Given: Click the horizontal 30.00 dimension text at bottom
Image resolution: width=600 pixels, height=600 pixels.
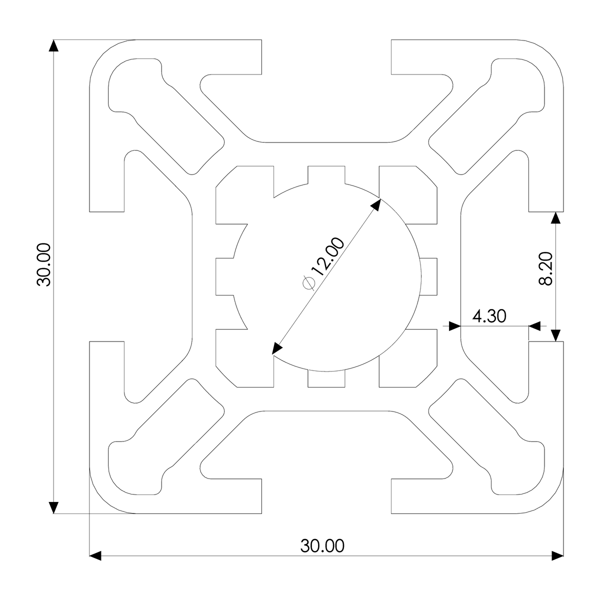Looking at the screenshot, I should [x=322, y=545].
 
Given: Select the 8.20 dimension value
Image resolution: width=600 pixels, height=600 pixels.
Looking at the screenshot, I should [x=546, y=268].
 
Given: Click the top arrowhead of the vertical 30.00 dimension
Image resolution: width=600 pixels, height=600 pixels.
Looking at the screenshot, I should [x=53, y=45].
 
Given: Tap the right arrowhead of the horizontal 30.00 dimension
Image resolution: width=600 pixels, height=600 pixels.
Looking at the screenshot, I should [x=557, y=555].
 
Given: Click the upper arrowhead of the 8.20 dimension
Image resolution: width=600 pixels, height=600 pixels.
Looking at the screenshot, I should [x=555, y=218].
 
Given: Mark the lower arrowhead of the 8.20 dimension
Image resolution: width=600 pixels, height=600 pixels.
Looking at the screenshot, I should [x=555, y=335].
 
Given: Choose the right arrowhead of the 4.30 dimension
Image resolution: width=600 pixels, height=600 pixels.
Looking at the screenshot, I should [x=534, y=326].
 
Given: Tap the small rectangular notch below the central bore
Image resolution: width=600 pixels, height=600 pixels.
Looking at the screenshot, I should [x=326, y=378].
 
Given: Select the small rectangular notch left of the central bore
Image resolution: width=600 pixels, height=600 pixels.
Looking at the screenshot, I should [x=225, y=276].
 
